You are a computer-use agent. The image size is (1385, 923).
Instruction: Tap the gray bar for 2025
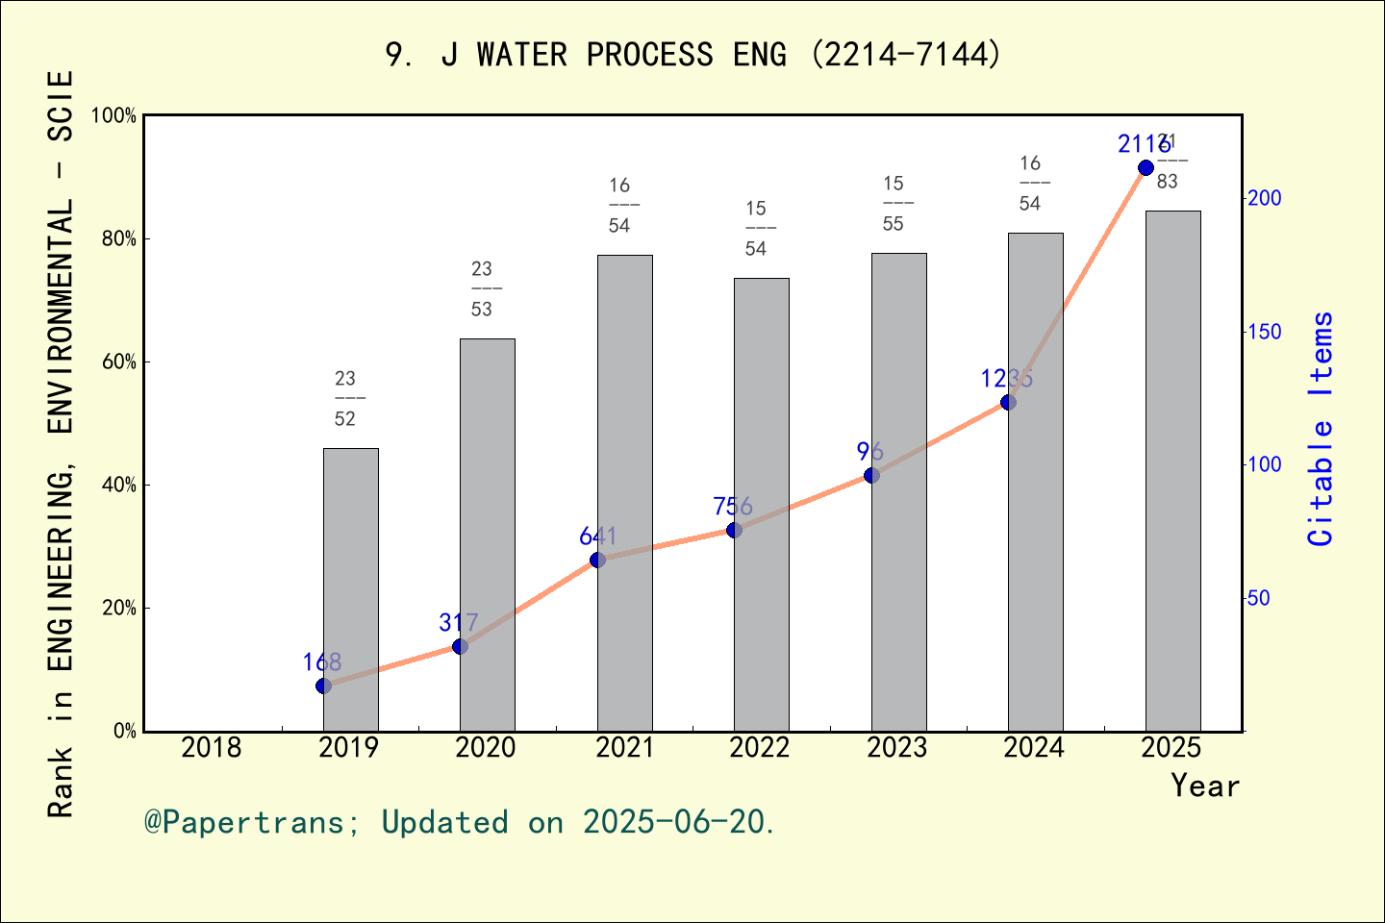[1172, 470]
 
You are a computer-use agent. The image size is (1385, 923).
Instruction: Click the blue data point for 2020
[460, 646]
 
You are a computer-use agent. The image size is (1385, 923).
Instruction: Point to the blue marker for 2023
[871, 475]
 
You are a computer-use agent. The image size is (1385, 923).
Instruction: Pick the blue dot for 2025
[1146, 168]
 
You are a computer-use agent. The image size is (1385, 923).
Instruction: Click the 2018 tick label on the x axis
[212, 747]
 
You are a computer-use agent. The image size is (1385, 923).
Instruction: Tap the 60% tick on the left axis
[119, 362]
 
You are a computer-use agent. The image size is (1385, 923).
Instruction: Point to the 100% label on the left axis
[114, 115]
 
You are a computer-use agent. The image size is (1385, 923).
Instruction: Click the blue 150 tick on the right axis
[1265, 332]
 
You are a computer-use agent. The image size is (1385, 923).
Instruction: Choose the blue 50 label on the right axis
[1259, 598]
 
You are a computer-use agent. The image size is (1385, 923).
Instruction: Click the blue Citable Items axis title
[1322, 429]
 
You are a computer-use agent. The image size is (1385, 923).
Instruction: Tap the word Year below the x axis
[1205, 786]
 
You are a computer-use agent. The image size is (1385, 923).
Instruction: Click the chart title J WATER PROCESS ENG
[692, 55]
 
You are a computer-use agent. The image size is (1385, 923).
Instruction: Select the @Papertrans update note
[460, 822]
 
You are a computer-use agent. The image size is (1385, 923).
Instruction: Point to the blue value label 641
[597, 536]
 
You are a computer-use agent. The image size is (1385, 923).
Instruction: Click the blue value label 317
[459, 622]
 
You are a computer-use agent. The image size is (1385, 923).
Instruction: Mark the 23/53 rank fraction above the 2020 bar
[482, 288]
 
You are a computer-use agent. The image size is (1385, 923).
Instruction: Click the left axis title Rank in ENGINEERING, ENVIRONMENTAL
[61, 442]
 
